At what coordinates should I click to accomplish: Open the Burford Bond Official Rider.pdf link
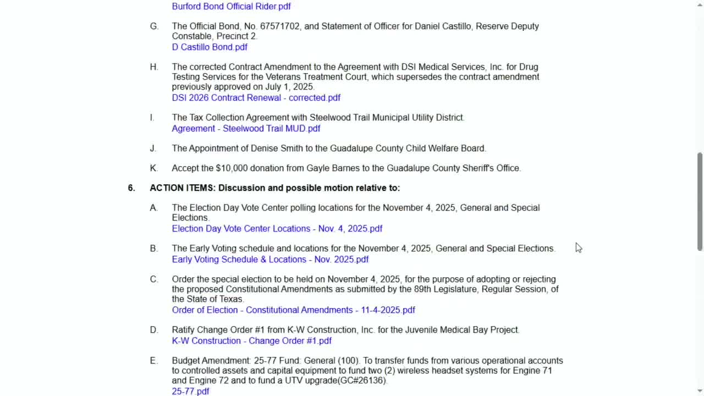click(231, 7)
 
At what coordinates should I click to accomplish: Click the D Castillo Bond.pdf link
click(210, 47)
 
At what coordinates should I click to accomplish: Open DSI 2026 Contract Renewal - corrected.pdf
click(256, 98)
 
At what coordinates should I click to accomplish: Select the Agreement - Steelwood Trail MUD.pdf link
click(246, 129)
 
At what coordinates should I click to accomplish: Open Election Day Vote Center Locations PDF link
click(277, 229)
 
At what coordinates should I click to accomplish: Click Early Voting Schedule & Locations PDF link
click(270, 260)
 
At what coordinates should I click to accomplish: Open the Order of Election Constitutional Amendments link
click(293, 310)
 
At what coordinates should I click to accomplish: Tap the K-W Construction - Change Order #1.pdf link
click(251, 341)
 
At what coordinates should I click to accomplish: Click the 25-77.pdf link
click(190, 392)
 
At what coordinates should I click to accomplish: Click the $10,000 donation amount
click(232, 168)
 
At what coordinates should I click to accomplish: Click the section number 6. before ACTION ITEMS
click(131, 188)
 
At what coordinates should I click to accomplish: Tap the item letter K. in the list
click(153, 168)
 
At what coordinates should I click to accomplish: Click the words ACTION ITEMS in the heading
click(183, 188)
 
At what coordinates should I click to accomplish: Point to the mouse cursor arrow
click(578, 248)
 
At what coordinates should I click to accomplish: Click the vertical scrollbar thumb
click(700, 201)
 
